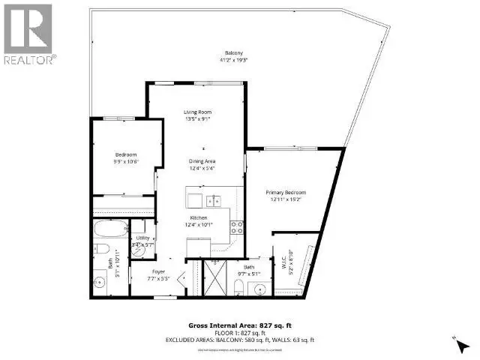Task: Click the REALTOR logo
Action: pyautogui.click(x=28, y=34)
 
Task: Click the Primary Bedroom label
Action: pyautogui.click(x=286, y=193)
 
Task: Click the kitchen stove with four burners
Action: pyautogui.click(x=236, y=226)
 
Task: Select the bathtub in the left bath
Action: pyautogui.click(x=111, y=228)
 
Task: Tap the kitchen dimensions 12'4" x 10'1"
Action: pyautogui.click(x=198, y=223)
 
